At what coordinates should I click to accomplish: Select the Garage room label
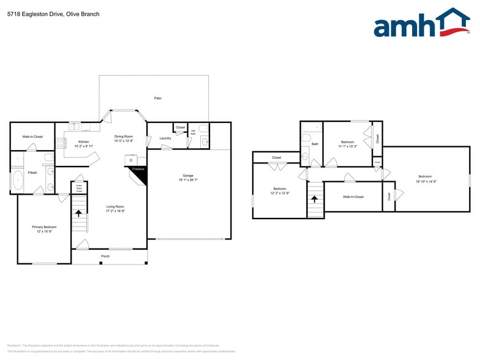click(x=189, y=175)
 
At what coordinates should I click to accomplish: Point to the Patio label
click(x=157, y=98)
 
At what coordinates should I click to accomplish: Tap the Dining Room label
click(x=124, y=137)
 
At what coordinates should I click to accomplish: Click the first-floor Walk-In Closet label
click(x=32, y=137)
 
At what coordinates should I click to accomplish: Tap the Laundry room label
click(x=165, y=138)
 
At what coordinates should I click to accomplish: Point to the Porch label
click(x=105, y=256)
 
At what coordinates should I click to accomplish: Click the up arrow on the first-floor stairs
click(x=78, y=213)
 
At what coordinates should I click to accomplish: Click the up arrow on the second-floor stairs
click(x=315, y=199)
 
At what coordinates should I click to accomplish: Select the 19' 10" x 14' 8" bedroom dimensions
click(x=426, y=182)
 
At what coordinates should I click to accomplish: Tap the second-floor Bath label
click(x=315, y=144)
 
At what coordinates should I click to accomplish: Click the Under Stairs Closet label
click(x=79, y=187)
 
